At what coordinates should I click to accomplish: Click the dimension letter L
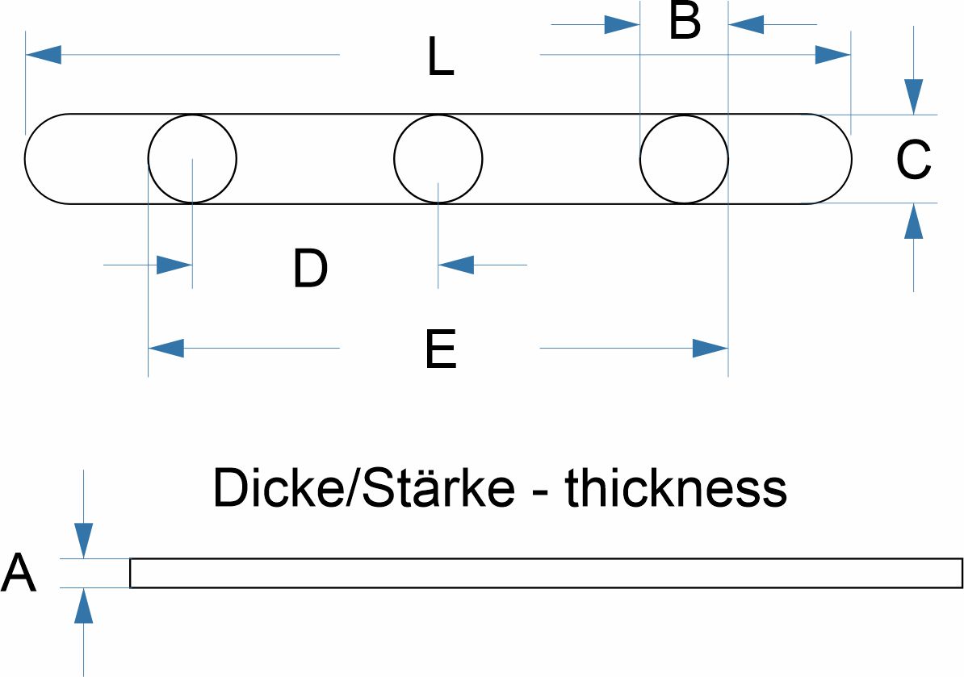[441, 59]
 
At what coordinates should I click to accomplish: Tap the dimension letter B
[685, 23]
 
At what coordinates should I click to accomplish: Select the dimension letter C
[914, 160]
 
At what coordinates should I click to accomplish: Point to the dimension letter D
[310, 269]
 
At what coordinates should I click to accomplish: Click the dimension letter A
[19, 575]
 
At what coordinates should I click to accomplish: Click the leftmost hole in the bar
[192, 158]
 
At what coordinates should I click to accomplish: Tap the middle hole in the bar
[438, 158]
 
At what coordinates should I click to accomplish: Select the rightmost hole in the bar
[684, 158]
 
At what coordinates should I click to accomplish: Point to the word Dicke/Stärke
[363, 488]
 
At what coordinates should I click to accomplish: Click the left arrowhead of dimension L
[44, 55]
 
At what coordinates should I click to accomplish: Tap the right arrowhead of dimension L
[832, 55]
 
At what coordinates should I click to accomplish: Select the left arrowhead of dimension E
[166, 349]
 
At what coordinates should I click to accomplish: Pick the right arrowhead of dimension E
[710, 349]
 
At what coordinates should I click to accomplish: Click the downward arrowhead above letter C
[913, 96]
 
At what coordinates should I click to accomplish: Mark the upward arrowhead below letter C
[913, 220]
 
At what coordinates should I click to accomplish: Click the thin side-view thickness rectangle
[546, 573]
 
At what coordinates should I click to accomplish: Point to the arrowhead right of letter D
[455, 264]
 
